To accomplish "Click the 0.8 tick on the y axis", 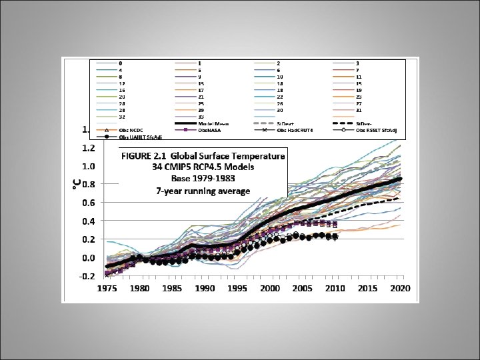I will click(x=88, y=184).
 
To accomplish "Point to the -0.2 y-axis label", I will click(x=87, y=276).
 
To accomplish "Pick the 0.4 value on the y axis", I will click(x=88, y=221).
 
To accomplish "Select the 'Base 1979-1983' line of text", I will click(x=203, y=179).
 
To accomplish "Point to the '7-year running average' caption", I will click(x=203, y=191).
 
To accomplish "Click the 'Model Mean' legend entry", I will click(x=214, y=124).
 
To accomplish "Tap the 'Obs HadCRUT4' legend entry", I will click(x=297, y=130).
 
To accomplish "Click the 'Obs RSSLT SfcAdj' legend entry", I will click(x=380, y=130).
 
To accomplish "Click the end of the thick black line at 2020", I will click(x=399, y=179).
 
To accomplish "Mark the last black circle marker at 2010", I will click(x=335, y=237).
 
